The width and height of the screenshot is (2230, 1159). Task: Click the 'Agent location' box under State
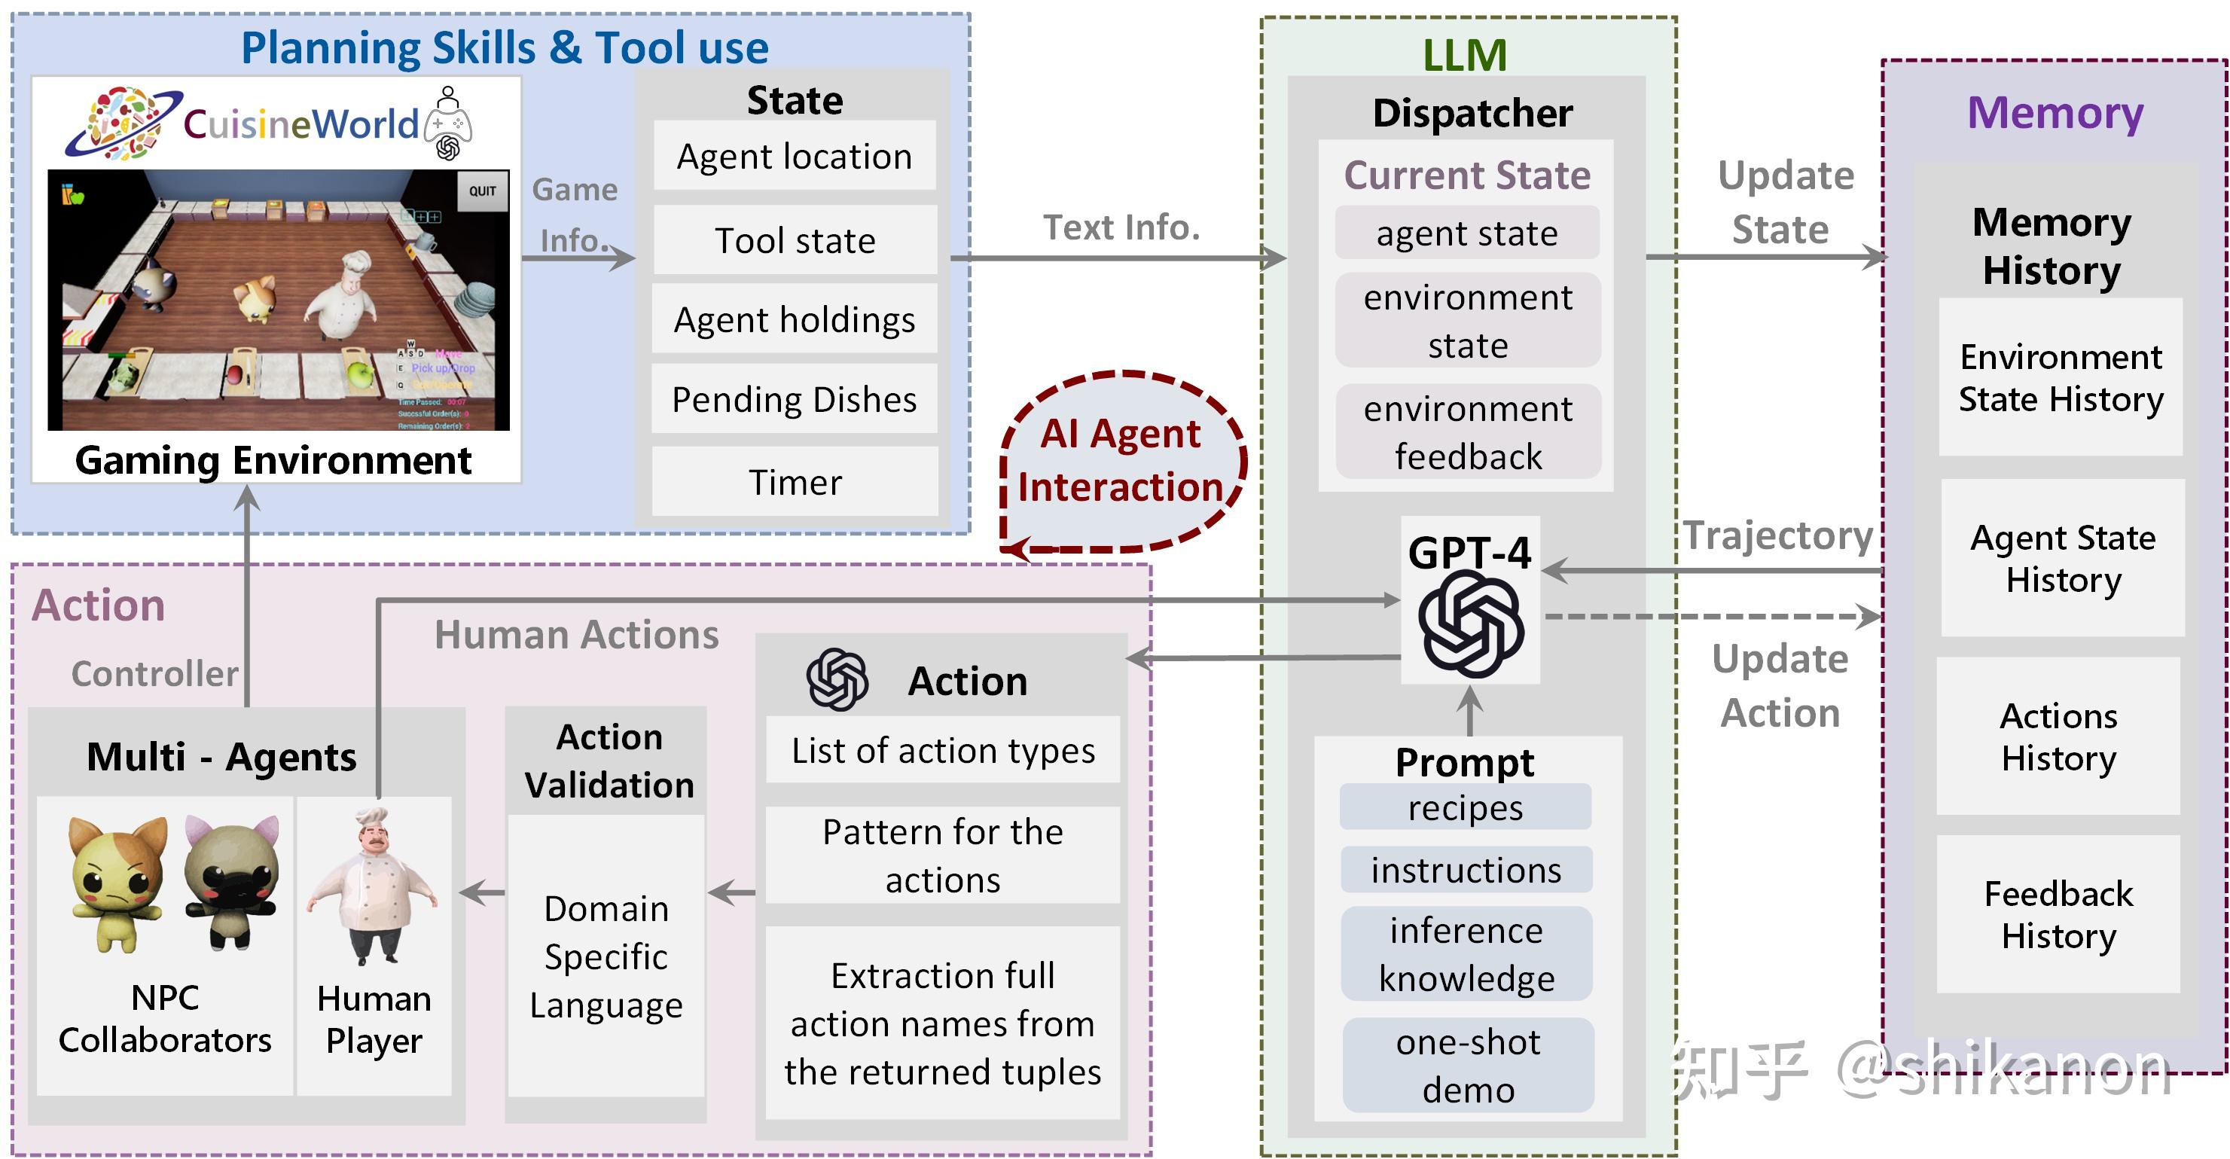point(794,157)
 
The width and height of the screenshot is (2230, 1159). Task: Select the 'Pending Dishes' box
point(794,400)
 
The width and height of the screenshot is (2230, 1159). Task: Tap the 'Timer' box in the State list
point(794,482)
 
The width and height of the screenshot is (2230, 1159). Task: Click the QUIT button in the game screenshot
point(482,191)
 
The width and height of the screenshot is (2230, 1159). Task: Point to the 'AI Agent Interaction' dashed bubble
point(1121,460)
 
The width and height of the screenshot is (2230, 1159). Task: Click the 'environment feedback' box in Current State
point(1467,432)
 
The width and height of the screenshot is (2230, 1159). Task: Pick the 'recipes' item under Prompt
point(1465,807)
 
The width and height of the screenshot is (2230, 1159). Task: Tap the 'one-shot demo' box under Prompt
point(1467,1066)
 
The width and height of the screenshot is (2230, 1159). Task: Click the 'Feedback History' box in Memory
point(2058,914)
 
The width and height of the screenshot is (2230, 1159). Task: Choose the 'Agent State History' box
point(2062,558)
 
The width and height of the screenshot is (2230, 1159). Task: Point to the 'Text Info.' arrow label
point(1121,227)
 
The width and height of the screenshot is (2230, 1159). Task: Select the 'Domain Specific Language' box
point(606,956)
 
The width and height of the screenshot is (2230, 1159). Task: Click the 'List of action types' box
point(943,750)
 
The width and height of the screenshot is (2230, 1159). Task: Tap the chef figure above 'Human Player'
point(374,887)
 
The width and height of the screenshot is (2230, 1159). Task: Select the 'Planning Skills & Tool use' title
point(504,47)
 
